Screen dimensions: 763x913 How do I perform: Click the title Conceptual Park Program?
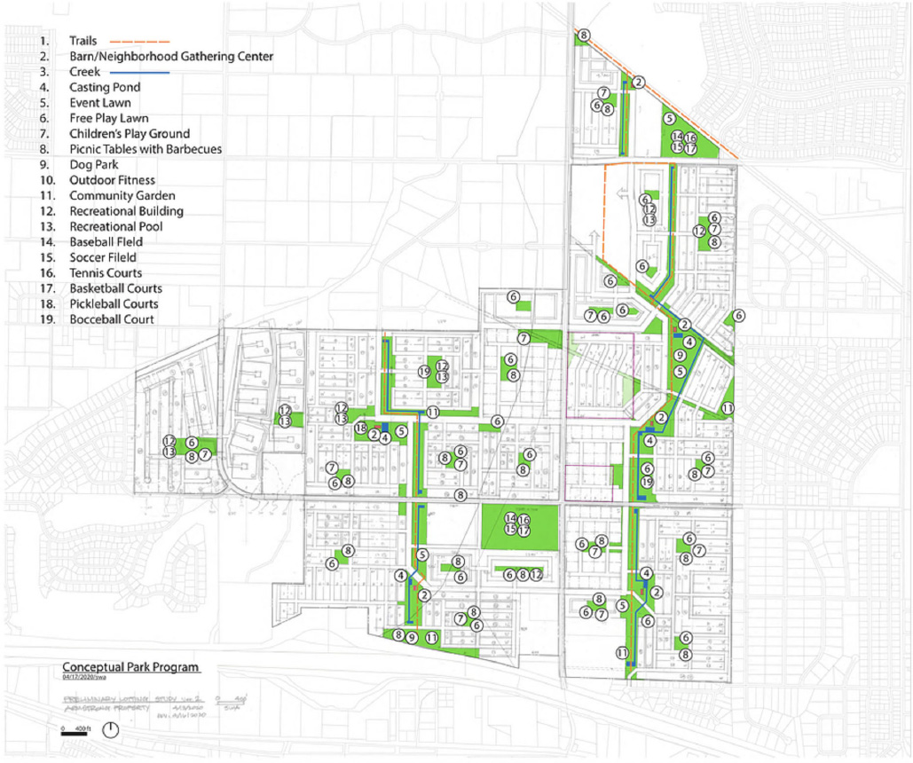click(130, 667)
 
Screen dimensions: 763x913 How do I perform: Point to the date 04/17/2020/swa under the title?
click(92, 678)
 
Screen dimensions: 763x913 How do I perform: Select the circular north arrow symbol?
click(111, 730)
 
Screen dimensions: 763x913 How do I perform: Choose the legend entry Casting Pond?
click(105, 87)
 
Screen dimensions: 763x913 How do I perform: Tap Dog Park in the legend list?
click(94, 164)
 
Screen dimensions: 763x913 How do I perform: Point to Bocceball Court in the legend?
click(112, 319)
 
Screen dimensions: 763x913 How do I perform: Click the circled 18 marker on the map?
click(360, 429)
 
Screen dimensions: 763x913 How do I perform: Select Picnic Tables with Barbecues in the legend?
click(146, 149)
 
